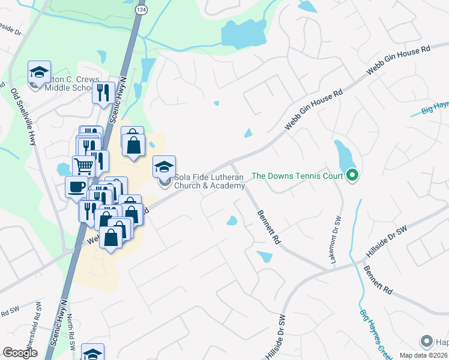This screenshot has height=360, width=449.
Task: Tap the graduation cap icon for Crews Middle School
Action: click(39, 73)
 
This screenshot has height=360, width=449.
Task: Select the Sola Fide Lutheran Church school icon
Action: click(164, 167)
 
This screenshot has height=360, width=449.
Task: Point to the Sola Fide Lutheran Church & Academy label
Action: click(209, 181)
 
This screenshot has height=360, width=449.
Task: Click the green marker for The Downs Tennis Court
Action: click(352, 176)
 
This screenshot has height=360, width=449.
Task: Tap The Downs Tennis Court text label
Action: click(297, 176)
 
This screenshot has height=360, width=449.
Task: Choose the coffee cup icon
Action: click(76, 186)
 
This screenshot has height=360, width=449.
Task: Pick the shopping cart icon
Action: click(83, 166)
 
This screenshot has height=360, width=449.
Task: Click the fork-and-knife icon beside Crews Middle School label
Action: click(103, 92)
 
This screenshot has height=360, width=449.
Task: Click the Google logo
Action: click(20, 353)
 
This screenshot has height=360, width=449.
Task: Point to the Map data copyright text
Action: click(424, 355)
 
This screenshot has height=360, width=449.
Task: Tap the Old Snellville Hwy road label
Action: click(23, 117)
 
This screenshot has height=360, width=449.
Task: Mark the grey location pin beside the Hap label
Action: click(427, 341)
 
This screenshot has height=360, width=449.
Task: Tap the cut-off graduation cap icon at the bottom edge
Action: click(92, 353)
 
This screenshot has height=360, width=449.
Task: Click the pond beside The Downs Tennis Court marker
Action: click(345, 155)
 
